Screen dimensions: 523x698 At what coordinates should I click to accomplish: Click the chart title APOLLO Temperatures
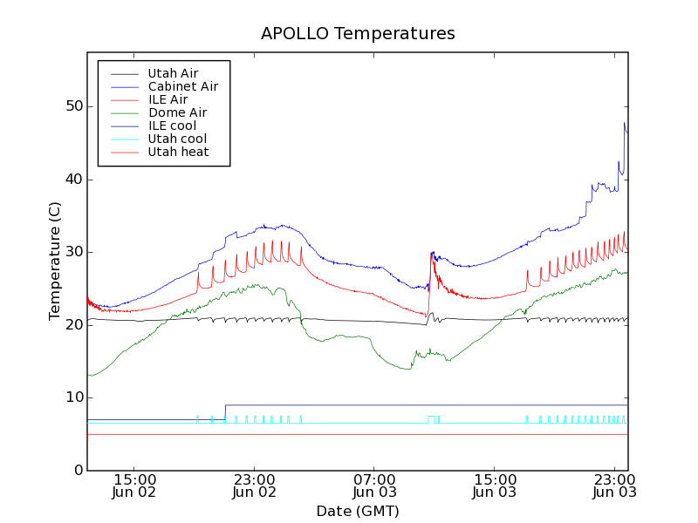point(358,34)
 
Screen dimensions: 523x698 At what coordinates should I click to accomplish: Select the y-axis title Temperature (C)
point(55,261)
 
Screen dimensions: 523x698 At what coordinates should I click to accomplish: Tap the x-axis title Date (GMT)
point(358,511)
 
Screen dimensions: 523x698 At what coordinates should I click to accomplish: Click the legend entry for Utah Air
point(173,73)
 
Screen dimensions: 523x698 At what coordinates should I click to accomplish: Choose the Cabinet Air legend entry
point(182,86)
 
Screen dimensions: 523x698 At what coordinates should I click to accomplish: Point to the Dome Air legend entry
point(177,112)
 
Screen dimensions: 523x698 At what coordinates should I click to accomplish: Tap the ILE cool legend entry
point(172,126)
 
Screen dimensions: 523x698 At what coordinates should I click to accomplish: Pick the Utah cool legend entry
point(177,139)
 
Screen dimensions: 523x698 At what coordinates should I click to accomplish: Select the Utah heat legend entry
point(177,152)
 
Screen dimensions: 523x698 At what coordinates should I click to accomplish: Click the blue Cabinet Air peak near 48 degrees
point(625,123)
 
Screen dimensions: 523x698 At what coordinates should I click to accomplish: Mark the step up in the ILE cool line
point(225,411)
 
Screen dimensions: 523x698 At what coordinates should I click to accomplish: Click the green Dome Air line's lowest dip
point(407,369)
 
